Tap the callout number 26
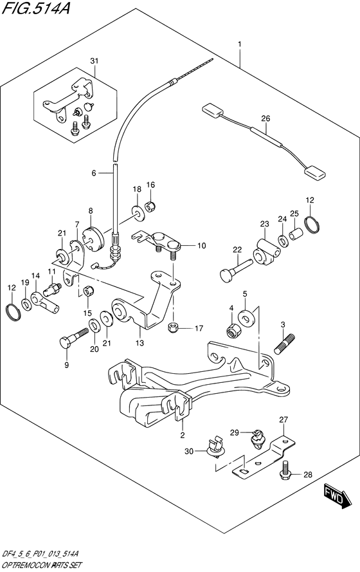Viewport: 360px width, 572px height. click(266, 118)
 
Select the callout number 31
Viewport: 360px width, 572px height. click(94, 61)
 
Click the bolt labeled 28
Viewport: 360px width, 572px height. click(285, 469)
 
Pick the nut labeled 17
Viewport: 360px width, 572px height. click(174, 328)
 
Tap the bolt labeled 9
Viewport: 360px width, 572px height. click(74, 338)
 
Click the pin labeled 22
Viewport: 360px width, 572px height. click(236, 270)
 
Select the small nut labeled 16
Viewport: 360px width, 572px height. click(150, 207)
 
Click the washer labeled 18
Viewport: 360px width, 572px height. click(138, 213)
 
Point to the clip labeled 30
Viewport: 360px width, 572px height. click(214, 447)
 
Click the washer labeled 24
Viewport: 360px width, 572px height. click(282, 241)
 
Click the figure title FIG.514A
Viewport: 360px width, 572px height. click(36, 7)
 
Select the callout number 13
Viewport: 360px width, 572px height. click(140, 343)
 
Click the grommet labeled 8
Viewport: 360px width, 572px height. click(94, 239)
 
